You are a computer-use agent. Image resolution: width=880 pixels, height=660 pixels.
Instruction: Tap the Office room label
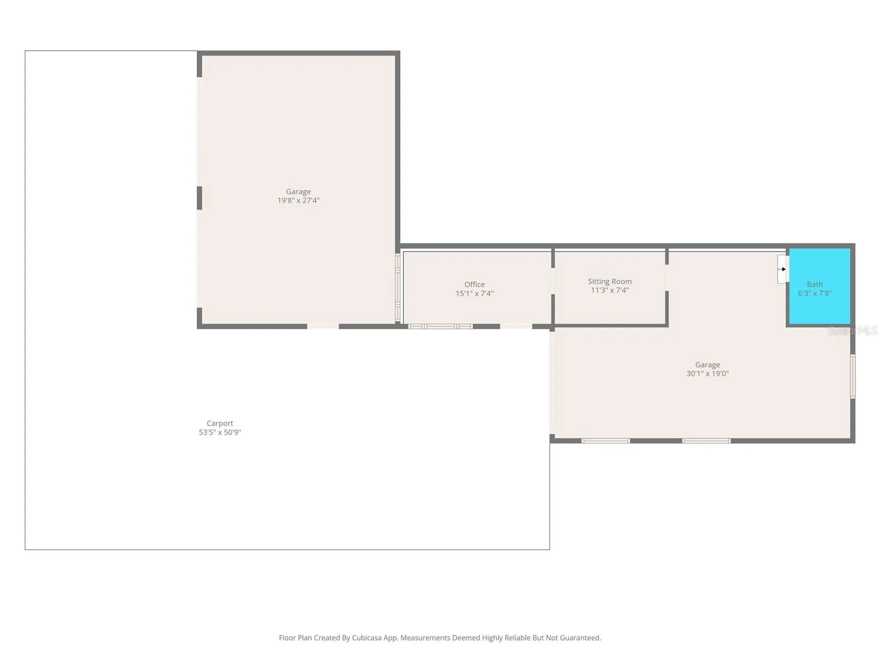[474, 284]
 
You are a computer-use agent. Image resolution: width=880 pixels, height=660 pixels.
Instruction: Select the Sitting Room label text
[610, 281]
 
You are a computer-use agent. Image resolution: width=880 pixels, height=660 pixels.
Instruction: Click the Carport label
[220, 423]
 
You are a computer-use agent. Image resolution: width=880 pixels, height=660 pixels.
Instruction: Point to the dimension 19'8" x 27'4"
[298, 200]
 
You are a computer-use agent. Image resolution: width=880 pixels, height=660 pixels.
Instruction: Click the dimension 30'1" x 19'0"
[707, 374]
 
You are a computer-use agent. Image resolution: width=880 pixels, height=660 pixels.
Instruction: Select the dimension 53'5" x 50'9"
[220, 432]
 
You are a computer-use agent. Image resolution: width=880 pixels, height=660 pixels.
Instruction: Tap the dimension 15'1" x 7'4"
[474, 293]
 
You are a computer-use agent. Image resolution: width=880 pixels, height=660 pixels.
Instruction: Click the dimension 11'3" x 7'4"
[610, 290]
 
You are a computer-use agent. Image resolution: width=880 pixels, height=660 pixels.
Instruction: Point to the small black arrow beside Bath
[783, 269]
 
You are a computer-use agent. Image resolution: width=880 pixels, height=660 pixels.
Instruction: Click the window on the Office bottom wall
[440, 326]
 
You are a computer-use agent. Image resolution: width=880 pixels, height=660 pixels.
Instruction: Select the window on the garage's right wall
[852, 376]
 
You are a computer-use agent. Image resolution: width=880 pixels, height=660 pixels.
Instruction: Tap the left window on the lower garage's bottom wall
[605, 441]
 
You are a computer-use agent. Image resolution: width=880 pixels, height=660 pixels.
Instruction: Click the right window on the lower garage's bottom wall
[706, 441]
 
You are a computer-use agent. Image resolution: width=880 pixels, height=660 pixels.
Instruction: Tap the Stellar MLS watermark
[852, 330]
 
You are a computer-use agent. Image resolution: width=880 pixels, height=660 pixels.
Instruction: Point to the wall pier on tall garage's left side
[199, 198]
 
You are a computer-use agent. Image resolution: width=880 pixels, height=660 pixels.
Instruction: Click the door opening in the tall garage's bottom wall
[323, 326]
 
